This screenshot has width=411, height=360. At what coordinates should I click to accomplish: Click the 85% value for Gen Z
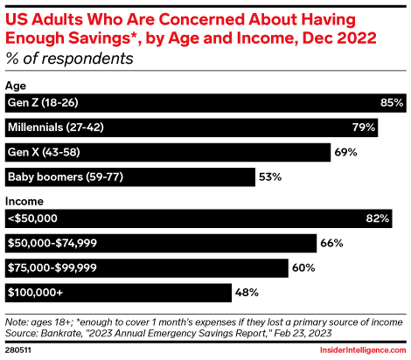click(391, 103)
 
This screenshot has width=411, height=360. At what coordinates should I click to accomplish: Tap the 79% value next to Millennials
click(363, 128)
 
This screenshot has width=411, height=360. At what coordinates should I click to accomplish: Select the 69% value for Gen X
click(345, 153)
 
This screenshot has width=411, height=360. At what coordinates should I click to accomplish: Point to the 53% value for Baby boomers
click(269, 178)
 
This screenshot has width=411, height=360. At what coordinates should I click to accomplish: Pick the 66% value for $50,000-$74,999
click(331, 243)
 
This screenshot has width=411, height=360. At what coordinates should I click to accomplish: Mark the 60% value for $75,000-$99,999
click(303, 268)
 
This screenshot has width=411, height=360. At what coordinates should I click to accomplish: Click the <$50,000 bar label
click(32, 218)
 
